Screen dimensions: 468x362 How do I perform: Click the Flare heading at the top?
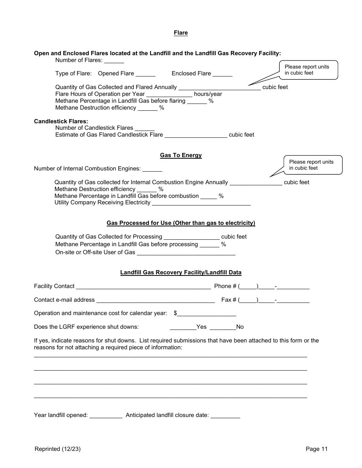(x=181, y=33)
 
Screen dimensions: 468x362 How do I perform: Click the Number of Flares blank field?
(x=114, y=60)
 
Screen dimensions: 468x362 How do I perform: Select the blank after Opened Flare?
(x=145, y=74)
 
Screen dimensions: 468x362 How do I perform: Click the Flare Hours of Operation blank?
(x=169, y=94)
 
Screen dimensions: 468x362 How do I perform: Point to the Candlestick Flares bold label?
(x=61, y=121)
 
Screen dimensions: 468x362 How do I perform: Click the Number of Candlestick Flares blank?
(x=144, y=128)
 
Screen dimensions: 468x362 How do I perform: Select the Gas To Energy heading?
(x=181, y=155)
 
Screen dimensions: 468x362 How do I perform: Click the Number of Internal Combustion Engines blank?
(x=152, y=169)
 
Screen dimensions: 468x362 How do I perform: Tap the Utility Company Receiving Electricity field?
(x=201, y=203)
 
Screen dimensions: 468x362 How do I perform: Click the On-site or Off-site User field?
(x=186, y=253)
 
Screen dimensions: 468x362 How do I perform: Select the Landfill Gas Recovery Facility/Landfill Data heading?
(x=181, y=272)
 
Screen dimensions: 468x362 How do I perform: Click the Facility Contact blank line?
(x=143, y=287)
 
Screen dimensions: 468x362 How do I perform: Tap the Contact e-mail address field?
(x=155, y=300)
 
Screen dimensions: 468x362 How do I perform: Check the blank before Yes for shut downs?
(x=183, y=327)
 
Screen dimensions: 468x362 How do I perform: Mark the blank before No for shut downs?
(x=223, y=327)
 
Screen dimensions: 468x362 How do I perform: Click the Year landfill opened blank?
(x=106, y=415)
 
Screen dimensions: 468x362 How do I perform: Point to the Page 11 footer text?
(x=316, y=449)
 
